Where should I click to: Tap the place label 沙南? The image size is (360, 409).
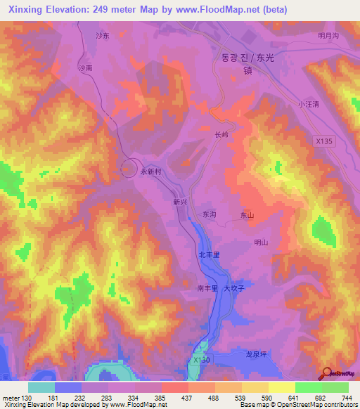point(85,68)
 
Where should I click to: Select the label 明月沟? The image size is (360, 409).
point(328,35)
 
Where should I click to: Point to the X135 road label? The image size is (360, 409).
point(323,141)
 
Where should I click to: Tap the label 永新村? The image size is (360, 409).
point(151,171)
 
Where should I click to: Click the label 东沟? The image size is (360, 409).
point(210,214)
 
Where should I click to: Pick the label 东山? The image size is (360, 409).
point(247,215)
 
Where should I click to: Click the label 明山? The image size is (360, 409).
point(261,242)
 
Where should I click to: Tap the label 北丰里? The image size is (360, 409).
point(210,254)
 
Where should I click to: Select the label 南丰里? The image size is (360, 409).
point(207,287)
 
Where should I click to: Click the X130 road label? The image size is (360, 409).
point(201,360)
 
